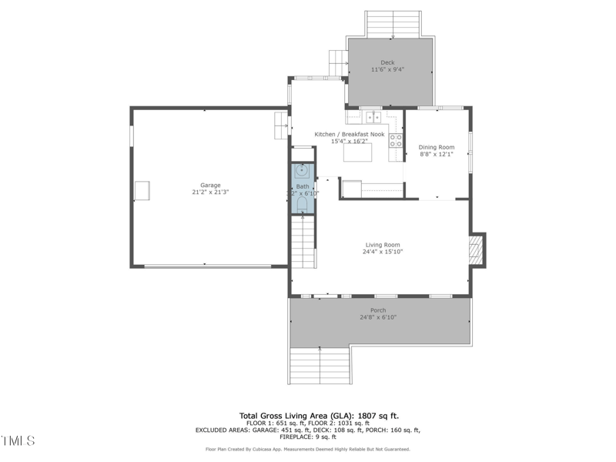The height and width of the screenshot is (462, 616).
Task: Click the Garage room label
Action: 210,185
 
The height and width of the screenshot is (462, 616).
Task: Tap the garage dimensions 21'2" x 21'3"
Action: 210,192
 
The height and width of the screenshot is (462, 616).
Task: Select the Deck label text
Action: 387,62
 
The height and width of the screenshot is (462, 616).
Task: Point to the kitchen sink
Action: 373,117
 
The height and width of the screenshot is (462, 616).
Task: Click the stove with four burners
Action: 396,140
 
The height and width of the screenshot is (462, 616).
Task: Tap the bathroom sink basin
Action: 303,170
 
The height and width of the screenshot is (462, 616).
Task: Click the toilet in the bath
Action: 303,203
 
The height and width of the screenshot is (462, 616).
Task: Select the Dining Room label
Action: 437,147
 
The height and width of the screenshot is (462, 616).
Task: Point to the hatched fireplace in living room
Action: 477,250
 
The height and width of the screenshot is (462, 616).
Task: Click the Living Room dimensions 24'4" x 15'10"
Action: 383,252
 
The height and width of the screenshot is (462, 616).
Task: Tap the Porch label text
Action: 378,310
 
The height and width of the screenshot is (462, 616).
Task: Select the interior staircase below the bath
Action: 303,243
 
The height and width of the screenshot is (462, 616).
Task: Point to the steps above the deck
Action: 393,23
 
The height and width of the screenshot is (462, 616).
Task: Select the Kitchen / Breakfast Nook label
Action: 349,134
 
